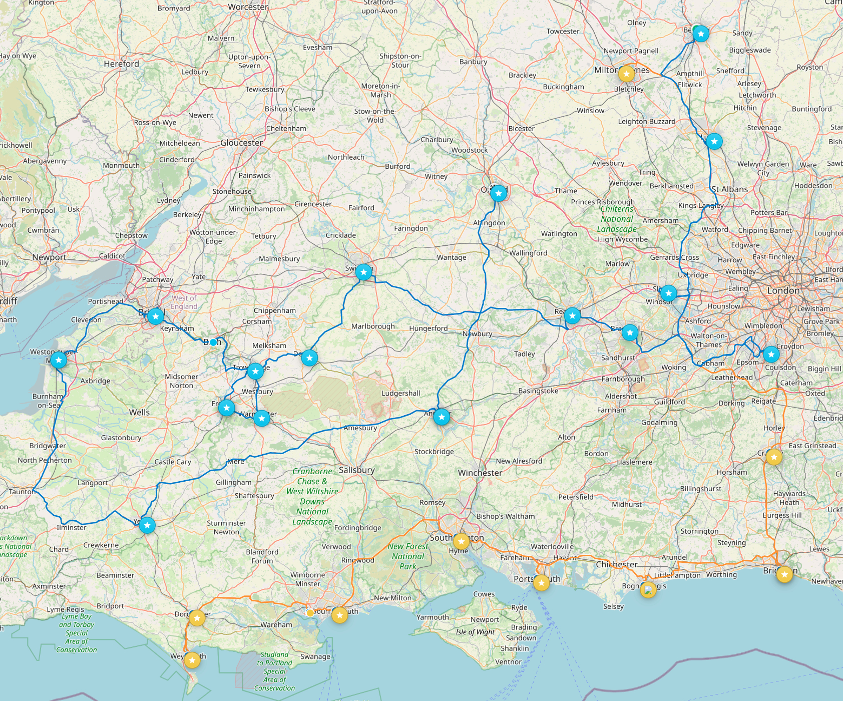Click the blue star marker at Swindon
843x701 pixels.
(363, 272)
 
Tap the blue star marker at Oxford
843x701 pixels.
(498, 193)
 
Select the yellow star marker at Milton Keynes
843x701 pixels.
(626, 74)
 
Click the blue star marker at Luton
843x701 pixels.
(714, 141)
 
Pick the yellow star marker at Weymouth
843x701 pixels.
(192, 660)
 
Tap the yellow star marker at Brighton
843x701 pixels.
(784, 574)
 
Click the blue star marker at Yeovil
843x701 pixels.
(147, 525)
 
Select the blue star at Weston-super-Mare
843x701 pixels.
(59, 360)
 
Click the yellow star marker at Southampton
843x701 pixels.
(461, 541)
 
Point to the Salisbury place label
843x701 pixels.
(356, 470)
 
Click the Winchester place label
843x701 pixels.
(480, 472)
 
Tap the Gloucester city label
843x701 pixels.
(241, 143)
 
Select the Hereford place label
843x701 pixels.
(121, 64)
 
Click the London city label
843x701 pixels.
(783, 290)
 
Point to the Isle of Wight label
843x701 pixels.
(475, 632)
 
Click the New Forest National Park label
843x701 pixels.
(407, 556)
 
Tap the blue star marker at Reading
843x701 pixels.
(572, 315)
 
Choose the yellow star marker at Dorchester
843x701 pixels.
(197, 618)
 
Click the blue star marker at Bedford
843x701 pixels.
(701, 34)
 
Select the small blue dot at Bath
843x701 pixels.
(213, 342)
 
